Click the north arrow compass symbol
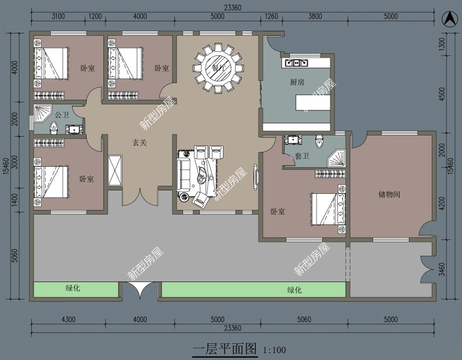[x=448, y=18]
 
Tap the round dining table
[x=218, y=68]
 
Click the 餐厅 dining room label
[x=218, y=67]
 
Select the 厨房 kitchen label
[x=297, y=82]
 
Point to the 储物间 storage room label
[x=389, y=194]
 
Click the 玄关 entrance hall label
[x=139, y=142]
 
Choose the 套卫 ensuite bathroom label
[x=302, y=156]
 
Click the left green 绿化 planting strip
[x=76, y=290]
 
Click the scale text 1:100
[x=274, y=350]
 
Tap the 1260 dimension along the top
[x=271, y=17]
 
